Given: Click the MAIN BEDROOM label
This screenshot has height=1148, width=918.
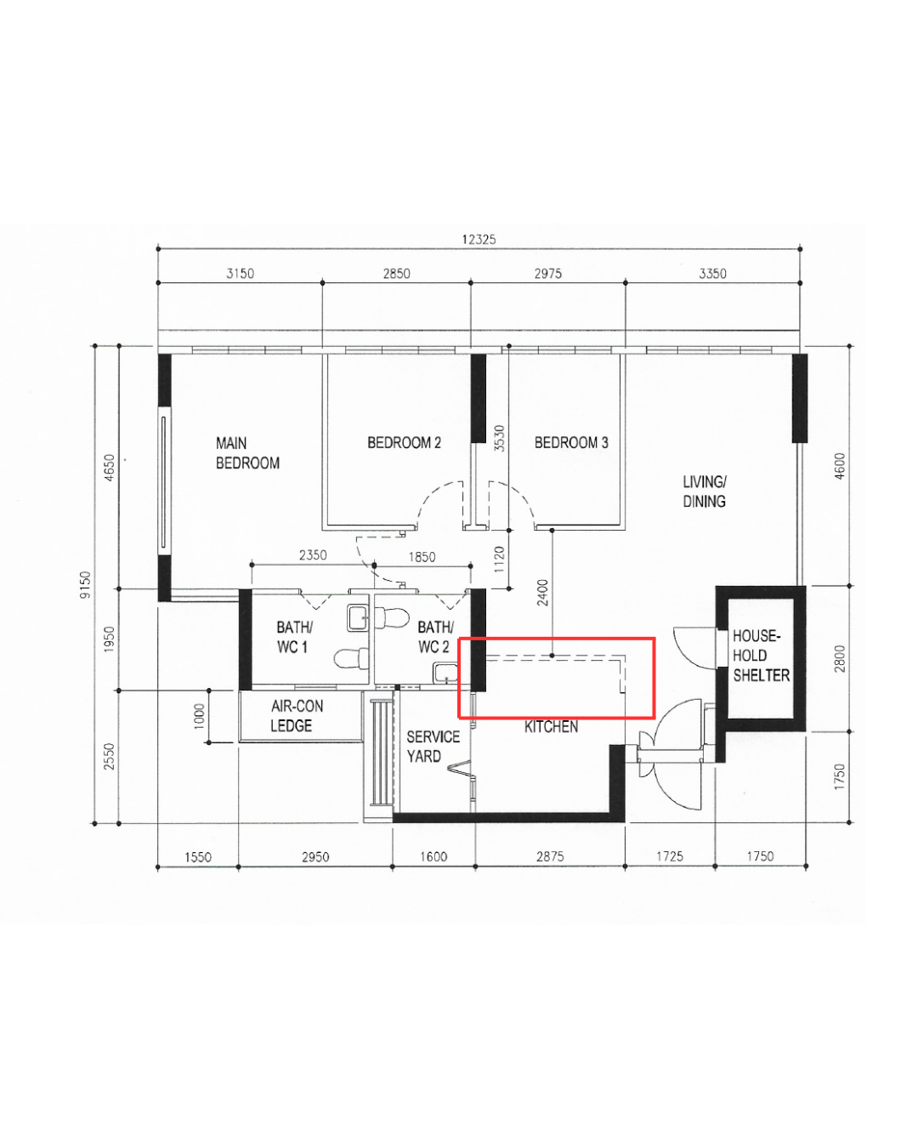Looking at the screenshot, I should [x=247, y=453].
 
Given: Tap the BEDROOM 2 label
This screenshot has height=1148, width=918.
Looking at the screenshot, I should [x=404, y=443].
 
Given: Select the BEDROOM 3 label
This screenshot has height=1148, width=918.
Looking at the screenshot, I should [x=571, y=443].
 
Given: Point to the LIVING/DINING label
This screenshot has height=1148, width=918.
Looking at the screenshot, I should [x=705, y=492].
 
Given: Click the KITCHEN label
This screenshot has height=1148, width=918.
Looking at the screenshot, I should [x=551, y=727].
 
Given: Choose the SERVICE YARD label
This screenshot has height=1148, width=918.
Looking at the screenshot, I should [x=432, y=747].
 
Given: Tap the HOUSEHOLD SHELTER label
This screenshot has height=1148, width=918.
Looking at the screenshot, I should [x=760, y=656].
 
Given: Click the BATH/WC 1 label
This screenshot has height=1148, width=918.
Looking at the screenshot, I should [x=293, y=637].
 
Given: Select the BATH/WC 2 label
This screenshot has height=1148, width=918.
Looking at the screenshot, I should [x=434, y=637].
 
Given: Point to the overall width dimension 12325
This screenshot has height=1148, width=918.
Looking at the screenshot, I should [x=479, y=240].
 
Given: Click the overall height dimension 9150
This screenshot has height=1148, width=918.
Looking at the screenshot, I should [x=85, y=584].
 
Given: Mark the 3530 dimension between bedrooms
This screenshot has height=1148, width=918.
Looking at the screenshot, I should [x=500, y=438].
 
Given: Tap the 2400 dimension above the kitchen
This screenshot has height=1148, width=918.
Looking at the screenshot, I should [x=543, y=592].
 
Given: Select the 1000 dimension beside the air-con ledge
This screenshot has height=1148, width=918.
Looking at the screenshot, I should [x=200, y=716].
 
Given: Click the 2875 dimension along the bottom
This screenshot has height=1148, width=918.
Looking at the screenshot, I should [x=550, y=856].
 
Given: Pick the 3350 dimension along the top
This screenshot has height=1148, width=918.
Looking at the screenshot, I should [x=712, y=274].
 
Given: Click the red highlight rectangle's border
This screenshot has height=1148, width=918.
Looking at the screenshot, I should [x=557, y=638].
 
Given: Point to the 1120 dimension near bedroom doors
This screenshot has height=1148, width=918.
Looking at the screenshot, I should [x=500, y=559].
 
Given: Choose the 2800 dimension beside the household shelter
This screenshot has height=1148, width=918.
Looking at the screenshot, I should [x=840, y=659].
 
